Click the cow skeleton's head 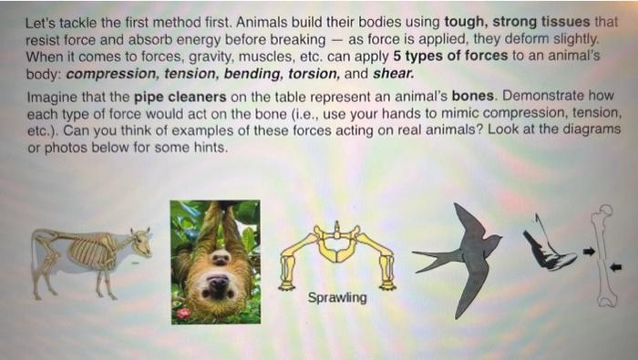pyautogui.click(x=141, y=242)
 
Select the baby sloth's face pyautogui.click(x=220, y=259)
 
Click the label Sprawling pyautogui.click(x=337, y=298)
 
